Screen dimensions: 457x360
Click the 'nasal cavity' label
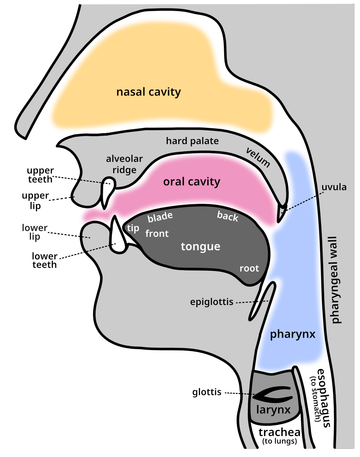148,92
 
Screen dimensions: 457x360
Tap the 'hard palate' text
192,141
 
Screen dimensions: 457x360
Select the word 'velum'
258,157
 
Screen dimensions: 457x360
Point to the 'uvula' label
334,187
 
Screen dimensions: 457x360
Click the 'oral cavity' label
191,182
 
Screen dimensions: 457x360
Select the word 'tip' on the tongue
133,228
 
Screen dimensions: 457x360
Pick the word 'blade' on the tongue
160,217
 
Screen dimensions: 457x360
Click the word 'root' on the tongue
249,269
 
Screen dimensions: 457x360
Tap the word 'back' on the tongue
228,216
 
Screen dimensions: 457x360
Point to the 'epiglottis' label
212,302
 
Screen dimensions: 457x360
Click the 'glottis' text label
207,392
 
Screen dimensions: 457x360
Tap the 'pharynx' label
292,334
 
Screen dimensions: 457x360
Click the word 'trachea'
279,432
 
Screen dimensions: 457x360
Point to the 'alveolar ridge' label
125,164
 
